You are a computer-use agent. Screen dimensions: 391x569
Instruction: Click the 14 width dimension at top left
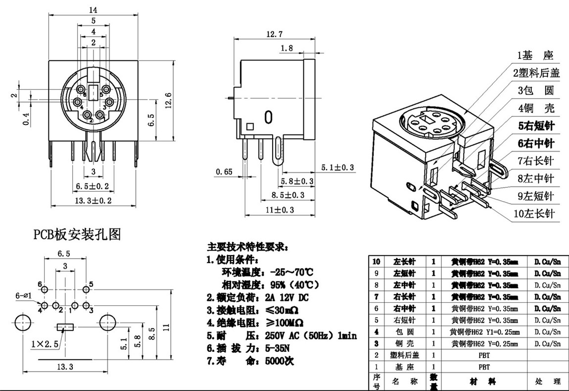93,9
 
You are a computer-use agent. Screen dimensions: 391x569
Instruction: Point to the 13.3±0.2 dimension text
92,200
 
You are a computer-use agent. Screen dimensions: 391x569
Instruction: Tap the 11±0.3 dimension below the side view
280,210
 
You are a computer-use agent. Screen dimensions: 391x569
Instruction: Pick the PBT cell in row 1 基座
484,367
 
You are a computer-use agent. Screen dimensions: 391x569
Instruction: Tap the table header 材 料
484,382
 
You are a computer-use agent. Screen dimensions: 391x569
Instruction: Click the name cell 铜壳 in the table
405,343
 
